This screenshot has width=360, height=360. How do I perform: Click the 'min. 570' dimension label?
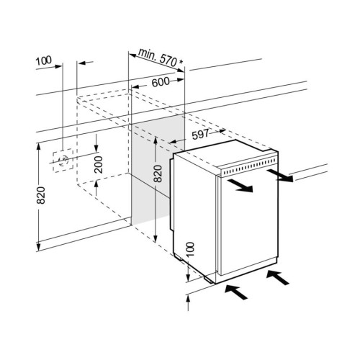[158, 58]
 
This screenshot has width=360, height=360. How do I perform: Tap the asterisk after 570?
[181, 62]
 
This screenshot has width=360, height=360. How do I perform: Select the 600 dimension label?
[161, 82]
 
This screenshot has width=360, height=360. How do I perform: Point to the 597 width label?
[200, 134]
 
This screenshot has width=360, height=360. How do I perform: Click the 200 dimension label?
[99, 164]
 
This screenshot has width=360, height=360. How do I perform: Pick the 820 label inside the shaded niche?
[158, 174]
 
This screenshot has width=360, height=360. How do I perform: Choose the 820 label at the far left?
[41, 195]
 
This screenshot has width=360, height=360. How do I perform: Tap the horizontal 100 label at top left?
[44, 60]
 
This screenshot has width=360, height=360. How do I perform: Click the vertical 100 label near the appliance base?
[190, 249]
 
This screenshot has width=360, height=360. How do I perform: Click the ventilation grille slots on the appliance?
[248, 166]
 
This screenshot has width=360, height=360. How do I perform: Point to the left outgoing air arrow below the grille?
[240, 186]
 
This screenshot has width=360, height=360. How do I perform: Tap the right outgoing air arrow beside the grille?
[280, 176]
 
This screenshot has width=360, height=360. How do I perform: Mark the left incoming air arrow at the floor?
[236, 292]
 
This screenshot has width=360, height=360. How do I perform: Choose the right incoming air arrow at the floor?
[278, 277]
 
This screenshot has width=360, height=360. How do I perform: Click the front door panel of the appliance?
[248, 225]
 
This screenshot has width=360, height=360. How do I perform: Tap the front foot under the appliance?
[209, 279]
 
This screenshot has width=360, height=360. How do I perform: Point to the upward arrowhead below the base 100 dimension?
[189, 300]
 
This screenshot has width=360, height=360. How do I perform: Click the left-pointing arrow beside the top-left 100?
[86, 63]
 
